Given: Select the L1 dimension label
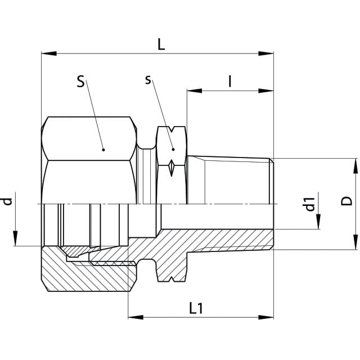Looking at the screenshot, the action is click(196, 308).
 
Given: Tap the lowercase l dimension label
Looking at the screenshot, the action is click(230, 82).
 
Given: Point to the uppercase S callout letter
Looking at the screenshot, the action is click(80, 82).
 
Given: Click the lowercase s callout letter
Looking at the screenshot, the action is click(148, 80).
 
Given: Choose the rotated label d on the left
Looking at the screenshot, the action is click(7, 201).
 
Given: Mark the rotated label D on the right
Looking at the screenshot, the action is click(346, 201).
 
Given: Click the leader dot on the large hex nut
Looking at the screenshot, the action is click(103, 150).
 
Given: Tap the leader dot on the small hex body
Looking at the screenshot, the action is click(173, 150).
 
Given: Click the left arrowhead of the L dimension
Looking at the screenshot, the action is click(49, 53).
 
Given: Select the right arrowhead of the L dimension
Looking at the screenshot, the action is click(266, 53).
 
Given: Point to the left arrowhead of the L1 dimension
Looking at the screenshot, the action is click(136, 317).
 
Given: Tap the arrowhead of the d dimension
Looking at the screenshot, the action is click(15, 238).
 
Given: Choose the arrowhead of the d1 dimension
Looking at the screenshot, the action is click(318, 222).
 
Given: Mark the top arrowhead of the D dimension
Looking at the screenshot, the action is click(355, 166).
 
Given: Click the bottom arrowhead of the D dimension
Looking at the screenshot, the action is click(355, 242).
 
